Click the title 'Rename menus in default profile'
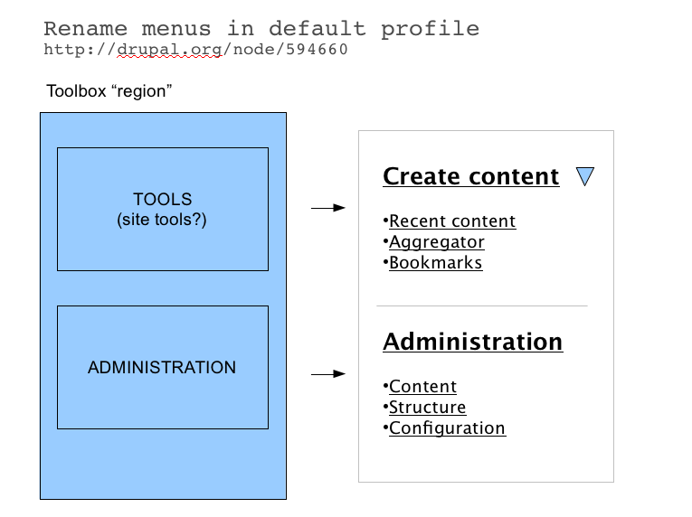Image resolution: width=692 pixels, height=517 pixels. pos(261,29)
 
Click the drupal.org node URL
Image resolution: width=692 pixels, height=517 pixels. pos(195,50)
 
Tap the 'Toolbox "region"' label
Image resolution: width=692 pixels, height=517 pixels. pos(109,91)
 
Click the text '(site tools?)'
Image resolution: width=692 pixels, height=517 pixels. pos(162,219)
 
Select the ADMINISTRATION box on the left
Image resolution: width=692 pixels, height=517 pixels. pos(162,367)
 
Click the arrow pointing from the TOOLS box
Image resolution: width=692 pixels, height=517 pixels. pos(328,208)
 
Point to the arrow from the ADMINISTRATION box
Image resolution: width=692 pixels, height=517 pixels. pos(328,373)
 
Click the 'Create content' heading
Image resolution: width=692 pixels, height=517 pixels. pos(470,176)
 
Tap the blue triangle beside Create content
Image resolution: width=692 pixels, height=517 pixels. pos(584,176)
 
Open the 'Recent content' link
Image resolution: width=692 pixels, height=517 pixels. pos(451,221)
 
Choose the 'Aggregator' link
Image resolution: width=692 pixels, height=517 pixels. pos(436,242)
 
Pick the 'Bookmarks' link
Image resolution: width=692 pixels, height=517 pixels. pos(435,263)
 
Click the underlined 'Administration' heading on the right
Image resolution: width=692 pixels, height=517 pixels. pos(472,342)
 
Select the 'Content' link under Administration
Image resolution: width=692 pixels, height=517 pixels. pos(422,387)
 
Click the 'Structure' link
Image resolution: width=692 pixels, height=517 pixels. pos(427,408)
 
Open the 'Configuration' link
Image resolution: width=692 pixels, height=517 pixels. pos(447,428)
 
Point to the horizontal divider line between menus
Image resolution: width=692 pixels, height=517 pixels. pos(481,306)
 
